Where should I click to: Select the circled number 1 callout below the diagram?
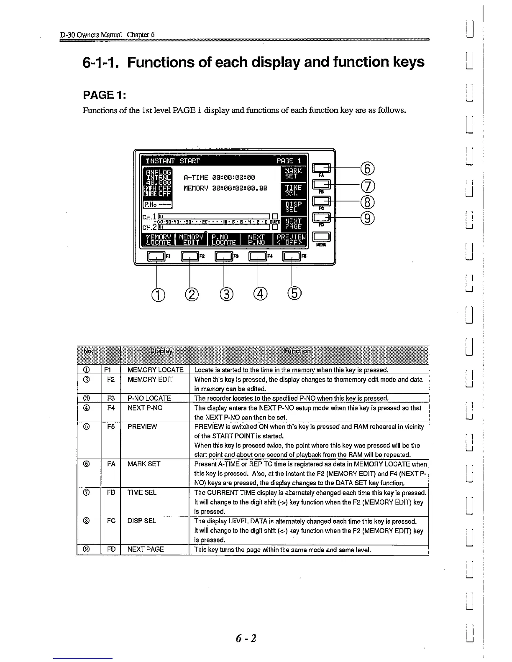(x=156, y=295)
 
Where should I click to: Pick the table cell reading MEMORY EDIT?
(x=150, y=379)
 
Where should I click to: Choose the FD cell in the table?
(x=111, y=549)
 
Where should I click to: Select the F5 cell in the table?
(x=111, y=426)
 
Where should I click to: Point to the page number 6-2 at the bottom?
(x=246, y=638)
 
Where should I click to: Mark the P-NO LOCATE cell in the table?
(x=149, y=398)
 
